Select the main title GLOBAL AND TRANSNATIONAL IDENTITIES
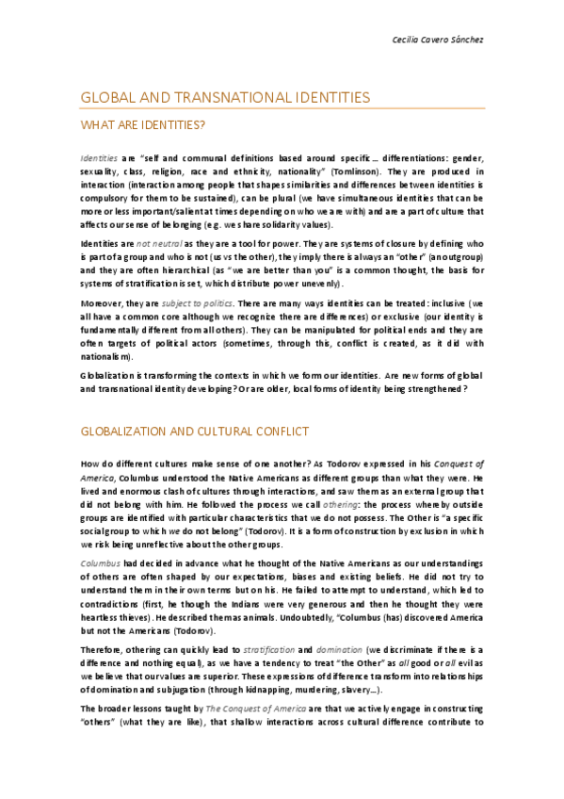click(225, 98)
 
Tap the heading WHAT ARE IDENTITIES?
click(143, 124)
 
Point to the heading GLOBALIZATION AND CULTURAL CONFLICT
click(195, 432)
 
